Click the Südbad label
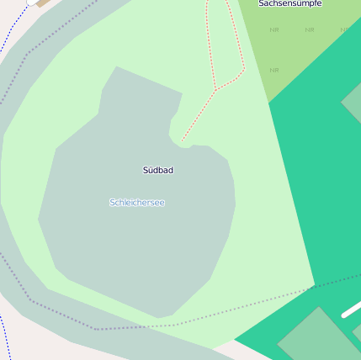pyautogui.click(x=158, y=171)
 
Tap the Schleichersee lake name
pyautogui.click(x=137, y=203)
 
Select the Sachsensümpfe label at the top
pyautogui.click(x=290, y=4)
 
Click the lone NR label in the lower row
pyautogui.click(x=274, y=70)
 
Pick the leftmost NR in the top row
pyautogui.click(x=274, y=30)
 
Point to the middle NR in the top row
pyautogui.click(x=310, y=30)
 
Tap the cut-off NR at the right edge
pyautogui.click(x=344, y=30)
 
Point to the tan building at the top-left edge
pyautogui.click(x=42, y=3)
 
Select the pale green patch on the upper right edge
pyautogui.click(x=353, y=104)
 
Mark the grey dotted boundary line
pyautogui.click(x=126, y=327)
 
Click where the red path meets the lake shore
pyautogui.click(x=182, y=140)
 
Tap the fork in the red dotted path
pyautogui.click(x=215, y=89)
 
